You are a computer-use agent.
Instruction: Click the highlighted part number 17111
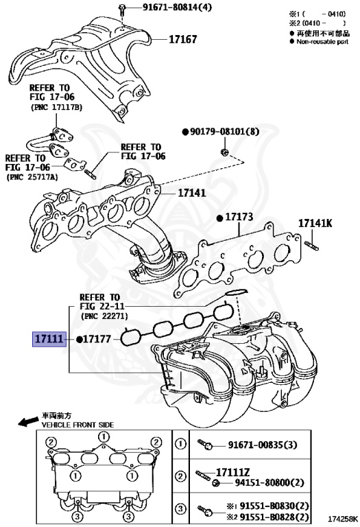tap(49, 339)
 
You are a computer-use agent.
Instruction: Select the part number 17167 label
tap(182, 39)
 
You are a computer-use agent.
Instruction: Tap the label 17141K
tap(315, 223)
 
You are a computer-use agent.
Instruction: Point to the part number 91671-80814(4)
tap(178, 7)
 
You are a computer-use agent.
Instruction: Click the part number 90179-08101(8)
tap(225, 132)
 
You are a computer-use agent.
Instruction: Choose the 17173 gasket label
tap(239, 217)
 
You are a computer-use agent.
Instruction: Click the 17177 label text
tap(97, 339)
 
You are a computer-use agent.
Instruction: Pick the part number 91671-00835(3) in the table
tap(263, 445)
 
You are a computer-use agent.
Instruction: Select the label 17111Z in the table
tap(232, 472)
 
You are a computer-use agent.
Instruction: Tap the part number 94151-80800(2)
tap(269, 482)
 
